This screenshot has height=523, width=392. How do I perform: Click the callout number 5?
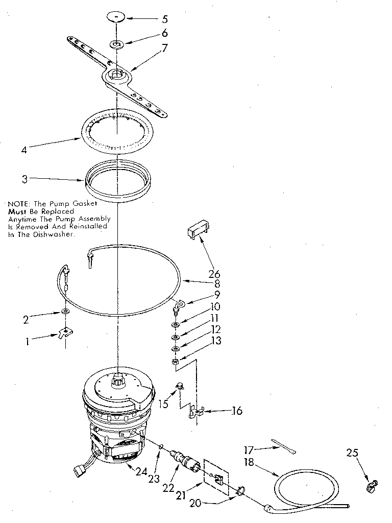click(x=164, y=20)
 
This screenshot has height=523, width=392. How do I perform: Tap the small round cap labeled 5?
click(x=116, y=17)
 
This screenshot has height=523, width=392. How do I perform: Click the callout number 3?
click(x=25, y=179)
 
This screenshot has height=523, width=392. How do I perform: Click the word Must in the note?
click(x=17, y=211)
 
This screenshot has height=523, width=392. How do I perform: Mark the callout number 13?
click(x=216, y=341)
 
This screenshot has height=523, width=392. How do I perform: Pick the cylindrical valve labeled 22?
click(x=185, y=459)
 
